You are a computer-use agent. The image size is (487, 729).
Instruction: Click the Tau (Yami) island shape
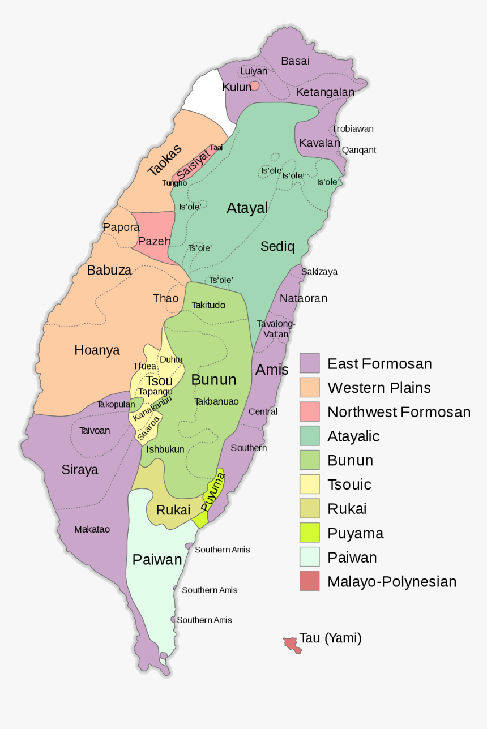click(292, 644)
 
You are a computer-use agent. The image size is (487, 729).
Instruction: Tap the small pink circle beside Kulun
click(255, 85)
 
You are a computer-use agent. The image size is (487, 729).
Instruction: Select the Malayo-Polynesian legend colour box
click(310, 581)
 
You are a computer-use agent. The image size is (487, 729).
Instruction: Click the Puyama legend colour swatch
click(310, 533)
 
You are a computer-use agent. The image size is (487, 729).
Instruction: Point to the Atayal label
click(247, 208)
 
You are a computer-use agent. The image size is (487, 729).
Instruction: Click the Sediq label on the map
click(277, 246)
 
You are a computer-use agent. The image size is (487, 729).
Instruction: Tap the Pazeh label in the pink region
click(154, 241)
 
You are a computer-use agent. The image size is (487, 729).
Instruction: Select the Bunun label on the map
click(213, 379)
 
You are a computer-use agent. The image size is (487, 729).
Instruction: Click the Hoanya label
click(97, 350)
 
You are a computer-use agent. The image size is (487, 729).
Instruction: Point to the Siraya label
click(80, 470)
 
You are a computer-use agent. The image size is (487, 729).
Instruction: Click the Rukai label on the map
click(173, 510)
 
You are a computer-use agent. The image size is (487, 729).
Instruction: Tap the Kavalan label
click(319, 143)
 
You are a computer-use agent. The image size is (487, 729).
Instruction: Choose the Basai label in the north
click(295, 61)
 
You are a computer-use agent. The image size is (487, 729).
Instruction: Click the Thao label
click(165, 298)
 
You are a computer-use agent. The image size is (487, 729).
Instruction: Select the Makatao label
click(92, 529)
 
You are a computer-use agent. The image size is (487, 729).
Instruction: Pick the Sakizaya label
click(319, 272)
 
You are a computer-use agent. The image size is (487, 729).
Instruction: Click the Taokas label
click(164, 160)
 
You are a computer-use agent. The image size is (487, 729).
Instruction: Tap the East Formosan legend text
click(379, 363)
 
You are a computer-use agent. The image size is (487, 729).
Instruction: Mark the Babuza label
click(109, 271)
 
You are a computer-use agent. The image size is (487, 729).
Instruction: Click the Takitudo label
click(208, 305)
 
